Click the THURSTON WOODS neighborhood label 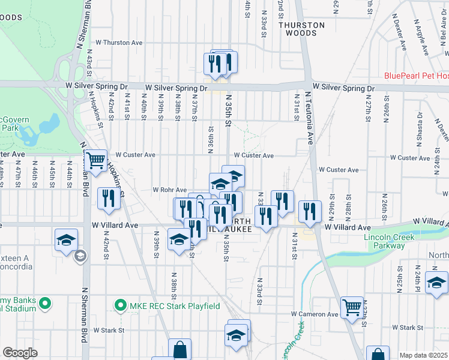tap(304, 29)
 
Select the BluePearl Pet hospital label tap(417, 76)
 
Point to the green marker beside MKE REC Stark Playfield tap(119, 306)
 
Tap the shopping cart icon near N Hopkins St tap(95, 161)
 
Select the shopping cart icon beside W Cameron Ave tap(352, 307)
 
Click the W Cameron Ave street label tap(315, 314)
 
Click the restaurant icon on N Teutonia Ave tap(309, 211)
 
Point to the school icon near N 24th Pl tap(436, 283)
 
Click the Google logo tap(20, 353)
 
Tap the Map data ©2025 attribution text tap(424, 355)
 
